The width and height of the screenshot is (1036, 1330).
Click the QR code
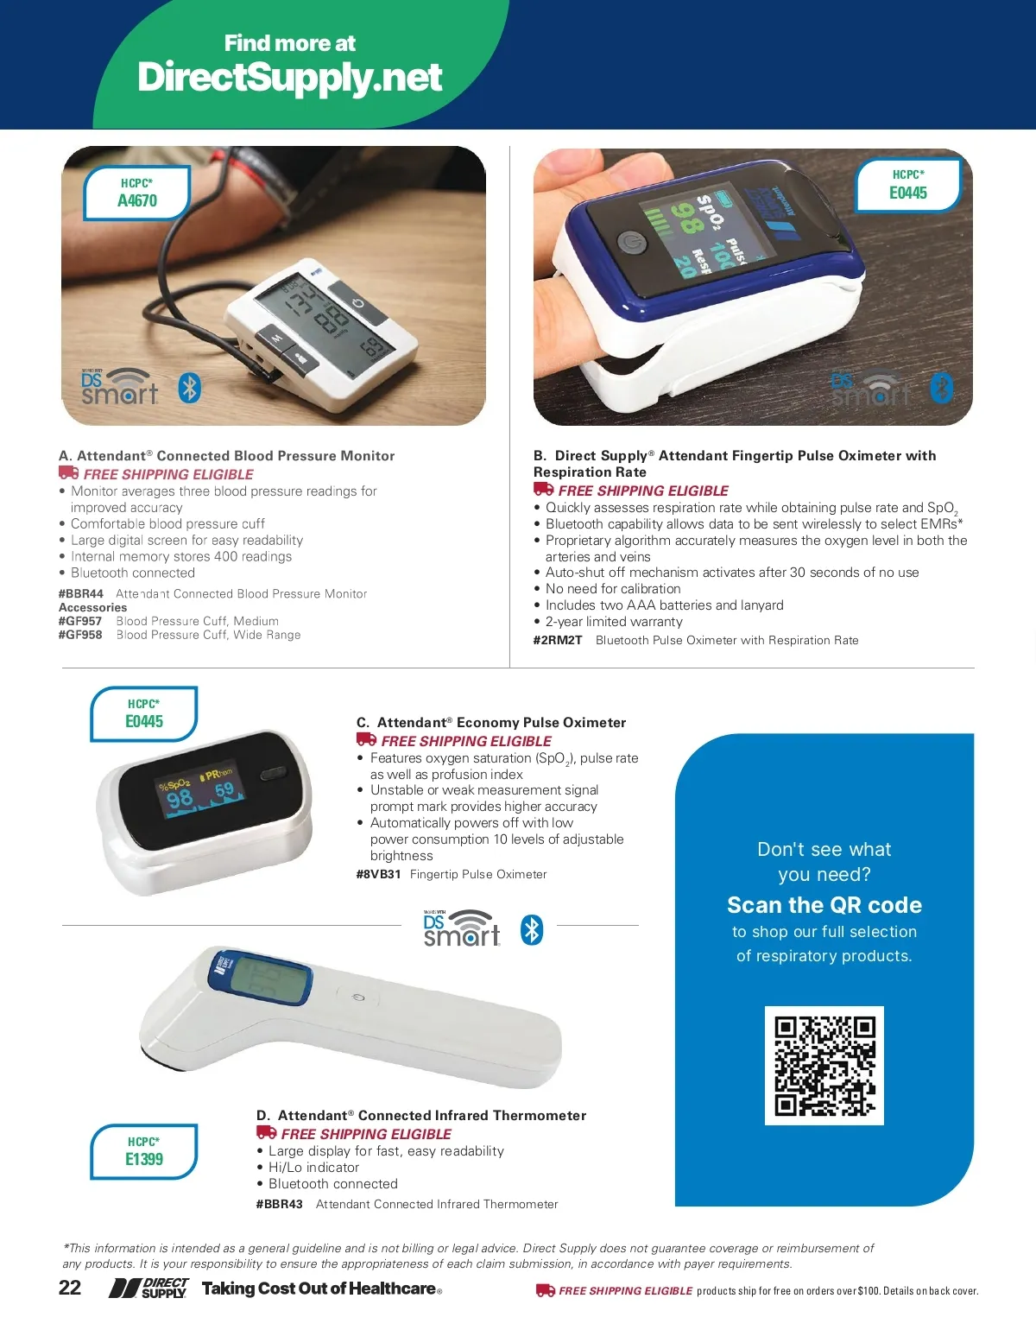coord(824,1065)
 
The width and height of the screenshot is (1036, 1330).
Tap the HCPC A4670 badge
coord(137,193)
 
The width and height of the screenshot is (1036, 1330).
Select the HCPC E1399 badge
coord(144,1151)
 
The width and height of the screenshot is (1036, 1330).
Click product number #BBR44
coord(81,593)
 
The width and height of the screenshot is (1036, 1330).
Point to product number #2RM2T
coord(558,640)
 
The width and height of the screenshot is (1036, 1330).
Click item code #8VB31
coord(378,874)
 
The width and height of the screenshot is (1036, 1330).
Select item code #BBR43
coord(280,1204)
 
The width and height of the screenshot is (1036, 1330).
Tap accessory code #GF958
coord(80,635)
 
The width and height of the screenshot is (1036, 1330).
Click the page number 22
coord(70,1288)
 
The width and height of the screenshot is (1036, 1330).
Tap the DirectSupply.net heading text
coord(290,77)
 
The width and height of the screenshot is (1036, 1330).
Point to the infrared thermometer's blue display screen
coord(267,977)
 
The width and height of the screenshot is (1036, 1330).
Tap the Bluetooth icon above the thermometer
coord(532,930)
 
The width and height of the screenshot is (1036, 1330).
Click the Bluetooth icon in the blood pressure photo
coord(190,388)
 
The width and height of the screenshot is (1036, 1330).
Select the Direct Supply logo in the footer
coord(148,1288)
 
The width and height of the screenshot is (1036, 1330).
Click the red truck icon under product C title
coord(366,739)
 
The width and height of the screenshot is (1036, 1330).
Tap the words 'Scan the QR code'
coord(824,904)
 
